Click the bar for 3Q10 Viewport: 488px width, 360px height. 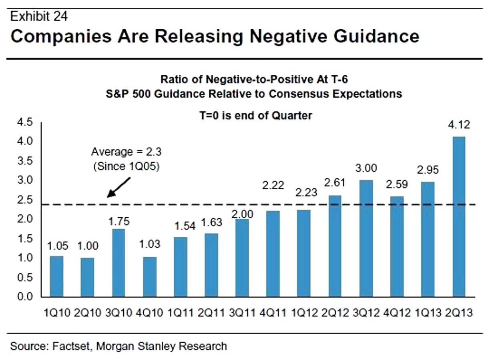tap(118, 263)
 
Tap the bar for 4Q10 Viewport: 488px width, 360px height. tap(149, 277)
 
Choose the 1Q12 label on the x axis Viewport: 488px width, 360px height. tap(305, 312)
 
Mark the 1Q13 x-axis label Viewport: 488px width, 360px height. tap(428, 312)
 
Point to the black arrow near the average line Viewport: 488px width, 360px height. tap(119, 187)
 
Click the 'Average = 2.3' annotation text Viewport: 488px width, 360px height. tap(126, 152)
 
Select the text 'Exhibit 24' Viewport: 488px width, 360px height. tap(39, 16)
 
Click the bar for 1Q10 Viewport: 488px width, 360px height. tap(56, 276)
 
